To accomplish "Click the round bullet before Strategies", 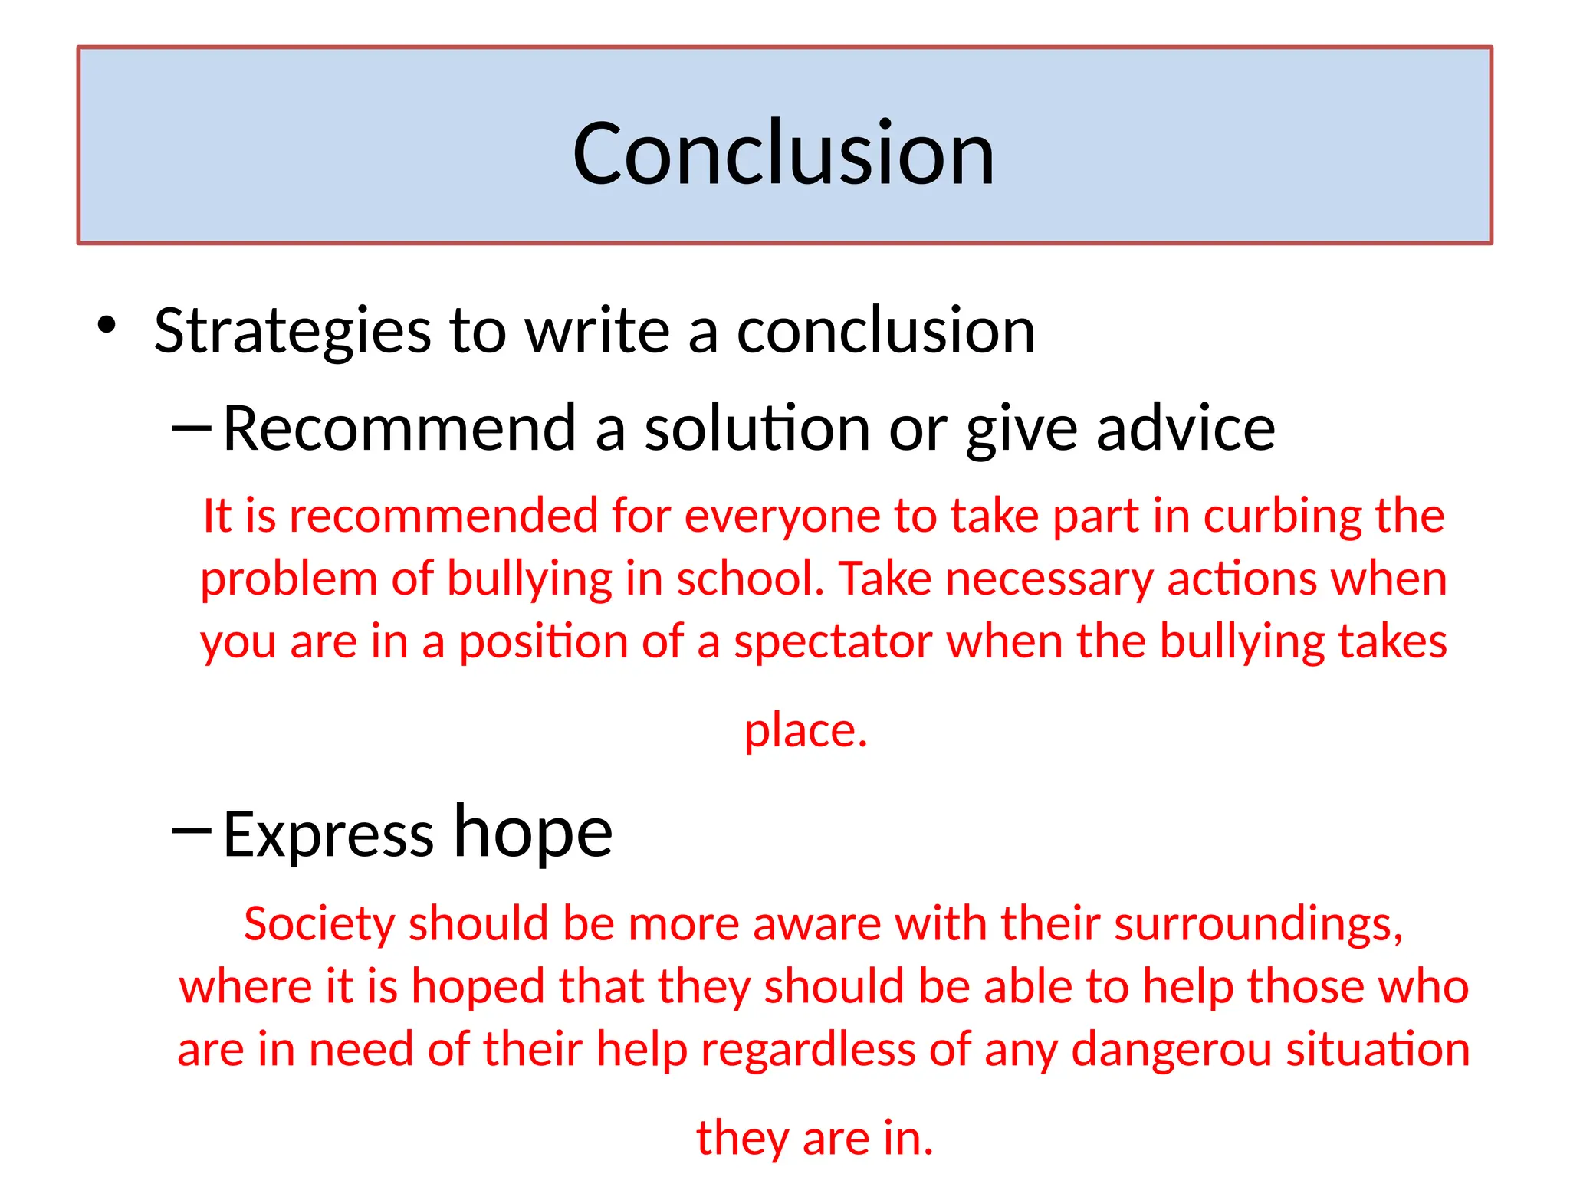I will coord(107,325).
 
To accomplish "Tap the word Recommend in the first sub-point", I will coord(399,428).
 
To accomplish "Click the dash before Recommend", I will coord(191,428).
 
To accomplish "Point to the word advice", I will coord(1186,428).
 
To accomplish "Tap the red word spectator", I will coord(833,641).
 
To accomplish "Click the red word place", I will coord(805,730).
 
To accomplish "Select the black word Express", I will coord(328,834).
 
